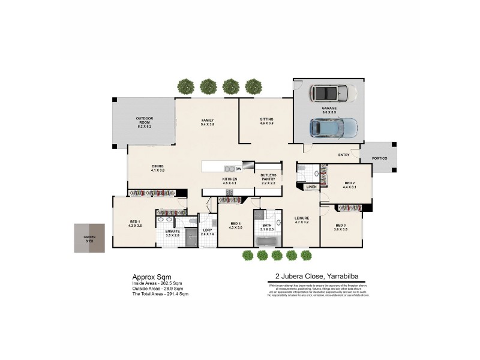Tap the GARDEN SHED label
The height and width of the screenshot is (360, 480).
89,238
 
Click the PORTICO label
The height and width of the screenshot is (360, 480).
379,158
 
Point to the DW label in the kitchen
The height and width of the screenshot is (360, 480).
238,169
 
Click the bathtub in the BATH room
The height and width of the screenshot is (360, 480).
268,242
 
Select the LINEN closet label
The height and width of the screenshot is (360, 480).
311,187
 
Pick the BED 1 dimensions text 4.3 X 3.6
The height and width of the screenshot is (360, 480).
135,226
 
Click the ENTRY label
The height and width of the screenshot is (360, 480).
344,155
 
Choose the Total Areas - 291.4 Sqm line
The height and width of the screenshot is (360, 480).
160,294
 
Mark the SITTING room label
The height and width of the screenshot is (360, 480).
266,119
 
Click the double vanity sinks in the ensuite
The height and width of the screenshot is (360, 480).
171,212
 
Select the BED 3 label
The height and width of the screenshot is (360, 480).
340,225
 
